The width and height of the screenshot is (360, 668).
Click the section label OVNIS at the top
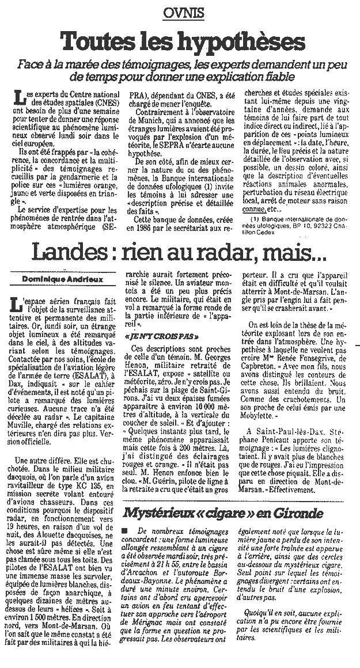(x=180, y=12)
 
